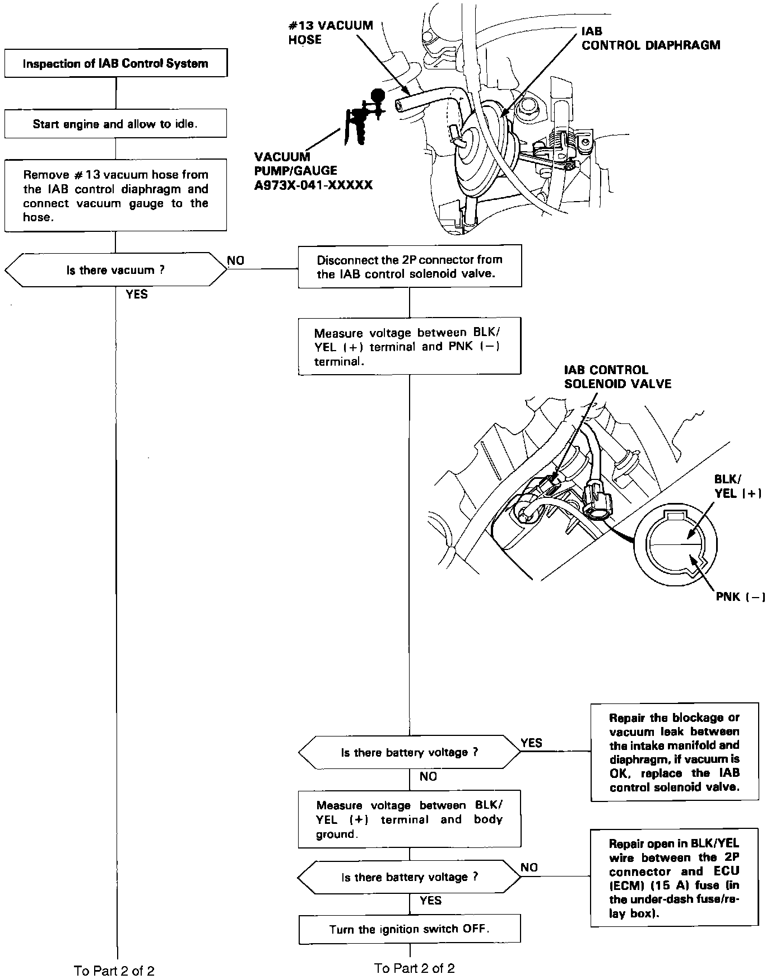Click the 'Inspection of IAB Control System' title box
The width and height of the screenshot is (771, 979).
click(115, 63)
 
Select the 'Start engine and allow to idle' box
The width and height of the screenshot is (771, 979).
click(115, 124)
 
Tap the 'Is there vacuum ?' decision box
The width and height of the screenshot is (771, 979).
click(115, 270)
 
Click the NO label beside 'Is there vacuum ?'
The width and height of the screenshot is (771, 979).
click(235, 260)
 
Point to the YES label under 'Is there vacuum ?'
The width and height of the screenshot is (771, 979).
click(137, 294)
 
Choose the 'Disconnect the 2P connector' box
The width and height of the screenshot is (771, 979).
click(410, 267)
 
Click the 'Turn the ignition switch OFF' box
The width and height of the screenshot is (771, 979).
click(410, 929)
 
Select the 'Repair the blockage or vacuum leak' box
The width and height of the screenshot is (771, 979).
click(675, 752)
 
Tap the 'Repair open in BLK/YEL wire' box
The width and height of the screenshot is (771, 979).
click(675, 878)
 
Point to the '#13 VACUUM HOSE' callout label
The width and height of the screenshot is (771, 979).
click(330, 32)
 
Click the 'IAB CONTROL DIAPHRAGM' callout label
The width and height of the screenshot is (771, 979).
click(651, 39)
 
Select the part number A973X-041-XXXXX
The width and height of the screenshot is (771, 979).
click(313, 185)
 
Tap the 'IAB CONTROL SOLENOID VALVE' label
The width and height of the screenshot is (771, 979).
click(617, 377)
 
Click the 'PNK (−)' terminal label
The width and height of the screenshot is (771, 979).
click(740, 596)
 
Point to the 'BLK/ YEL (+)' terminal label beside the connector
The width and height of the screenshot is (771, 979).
click(737, 486)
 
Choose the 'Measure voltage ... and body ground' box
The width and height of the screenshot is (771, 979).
click(410, 819)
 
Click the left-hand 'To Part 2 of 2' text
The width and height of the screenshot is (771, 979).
click(114, 970)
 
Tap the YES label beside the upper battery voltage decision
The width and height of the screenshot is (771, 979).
click(531, 743)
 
